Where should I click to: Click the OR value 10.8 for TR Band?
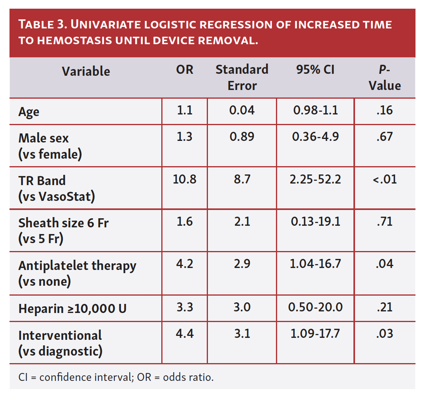click(185, 180)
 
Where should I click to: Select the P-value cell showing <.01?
click(385, 180)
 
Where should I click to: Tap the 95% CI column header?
click(315, 70)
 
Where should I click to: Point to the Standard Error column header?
click(242, 77)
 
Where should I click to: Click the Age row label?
click(29, 112)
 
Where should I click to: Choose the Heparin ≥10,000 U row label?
click(72, 308)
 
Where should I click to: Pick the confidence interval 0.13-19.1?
click(315, 221)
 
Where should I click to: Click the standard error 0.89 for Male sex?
click(242, 136)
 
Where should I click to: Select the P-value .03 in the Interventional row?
click(385, 334)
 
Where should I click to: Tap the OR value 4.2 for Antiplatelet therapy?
click(185, 264)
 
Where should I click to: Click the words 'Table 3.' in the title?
click(44, 24)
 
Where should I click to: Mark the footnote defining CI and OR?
click(116, 377)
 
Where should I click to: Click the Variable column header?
click(86, 71)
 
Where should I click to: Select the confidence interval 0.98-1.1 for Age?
click(315, 110)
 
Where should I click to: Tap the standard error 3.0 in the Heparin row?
click(242, 307)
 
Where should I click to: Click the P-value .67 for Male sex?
click(385, 136)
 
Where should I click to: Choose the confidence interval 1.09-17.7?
click(315, 334)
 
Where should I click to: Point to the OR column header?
click(185, 70)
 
